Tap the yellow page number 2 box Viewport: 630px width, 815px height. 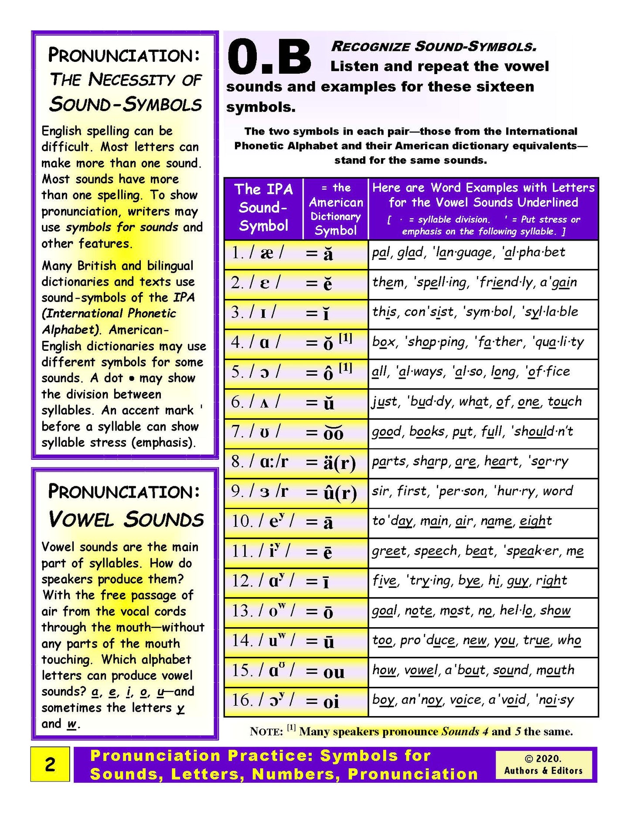coord(50,764)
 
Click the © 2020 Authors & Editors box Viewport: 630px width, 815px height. coord(543,764)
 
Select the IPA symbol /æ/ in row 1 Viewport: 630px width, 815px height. coord(266,253)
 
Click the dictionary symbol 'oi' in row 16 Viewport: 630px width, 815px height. coord(331,702)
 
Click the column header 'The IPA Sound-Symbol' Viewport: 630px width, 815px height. coord(263,207)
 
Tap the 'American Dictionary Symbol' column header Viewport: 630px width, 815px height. coord(335,209)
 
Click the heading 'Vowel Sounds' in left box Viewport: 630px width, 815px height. coord(126,519)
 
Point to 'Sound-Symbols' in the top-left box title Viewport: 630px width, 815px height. coord(126,105)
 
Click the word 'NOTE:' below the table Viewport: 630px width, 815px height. coord(266,732)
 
